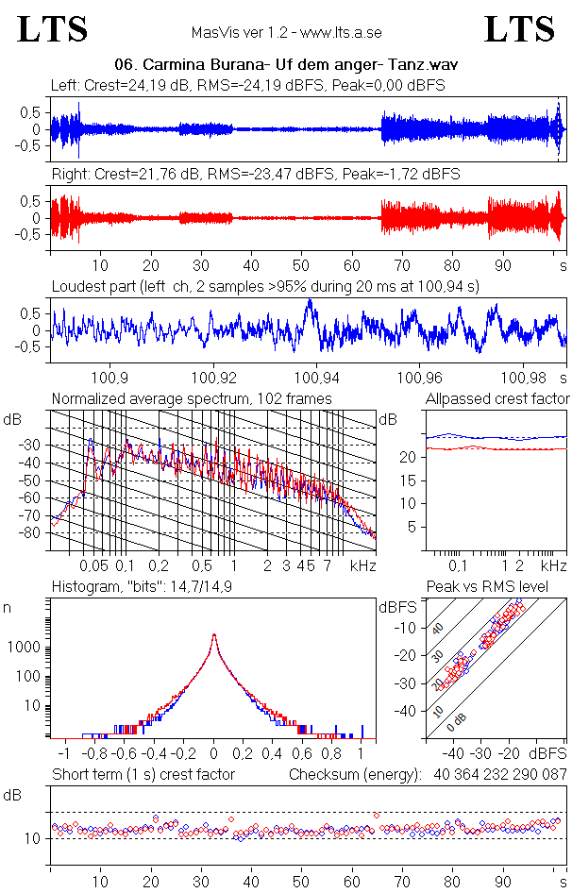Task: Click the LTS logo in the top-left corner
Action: (53, 29)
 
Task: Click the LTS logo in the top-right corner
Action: (519, 29)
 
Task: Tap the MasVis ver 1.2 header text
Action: (286, 32)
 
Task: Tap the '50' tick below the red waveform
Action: (301, 265)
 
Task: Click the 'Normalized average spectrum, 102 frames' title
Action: (192, 398)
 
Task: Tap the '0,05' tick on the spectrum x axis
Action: (93, 565)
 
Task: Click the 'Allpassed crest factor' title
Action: (497, 398)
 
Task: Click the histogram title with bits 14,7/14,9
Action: (142, 586)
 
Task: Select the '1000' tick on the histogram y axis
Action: (24, 648)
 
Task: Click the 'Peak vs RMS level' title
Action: (487, 586)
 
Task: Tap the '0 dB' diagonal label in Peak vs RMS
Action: (455, 723)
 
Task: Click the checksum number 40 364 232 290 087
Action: (500, 775)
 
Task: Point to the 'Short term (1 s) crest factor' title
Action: (143, 775)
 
